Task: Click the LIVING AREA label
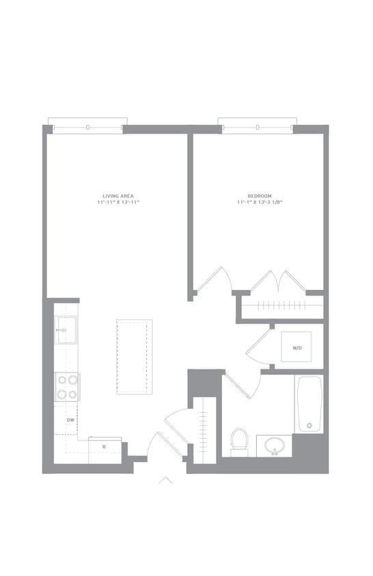pyautogui.click(x=118, y=196)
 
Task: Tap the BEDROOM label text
pyautogui.click(x=260, y=196)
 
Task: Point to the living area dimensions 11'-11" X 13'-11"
pyautogui.click(x=118, y=203)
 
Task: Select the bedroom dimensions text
pyautogui.click(x=260, y=203)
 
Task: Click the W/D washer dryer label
pyautogui.click(x=297, y=348)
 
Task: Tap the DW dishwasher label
pyautogui.click(x=70, y=420)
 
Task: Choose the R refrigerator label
pyautogui.click(x=104, y=447)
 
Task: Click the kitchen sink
pyautogui.click(x=66, y=330)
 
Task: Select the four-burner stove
pyautogui.click(x=68, y=387)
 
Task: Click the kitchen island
pyautogui.click(x=135, y=357)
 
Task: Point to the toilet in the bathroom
pyautogui.click(x=239, y=442)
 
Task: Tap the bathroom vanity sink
pyautogui.click(x=274, y=445)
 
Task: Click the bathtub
pyautogui.click(x=309, y=404)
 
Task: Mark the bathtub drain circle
pyautogui.click(x=309, y=425)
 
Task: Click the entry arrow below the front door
pyautogui.click(x=165, y=480)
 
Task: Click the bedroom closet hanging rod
pyautogui.click(x=282, y=304)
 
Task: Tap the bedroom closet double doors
pyautogui.click(x=279, y=281)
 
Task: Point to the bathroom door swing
pyautogui.click(x=243, y=385)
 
